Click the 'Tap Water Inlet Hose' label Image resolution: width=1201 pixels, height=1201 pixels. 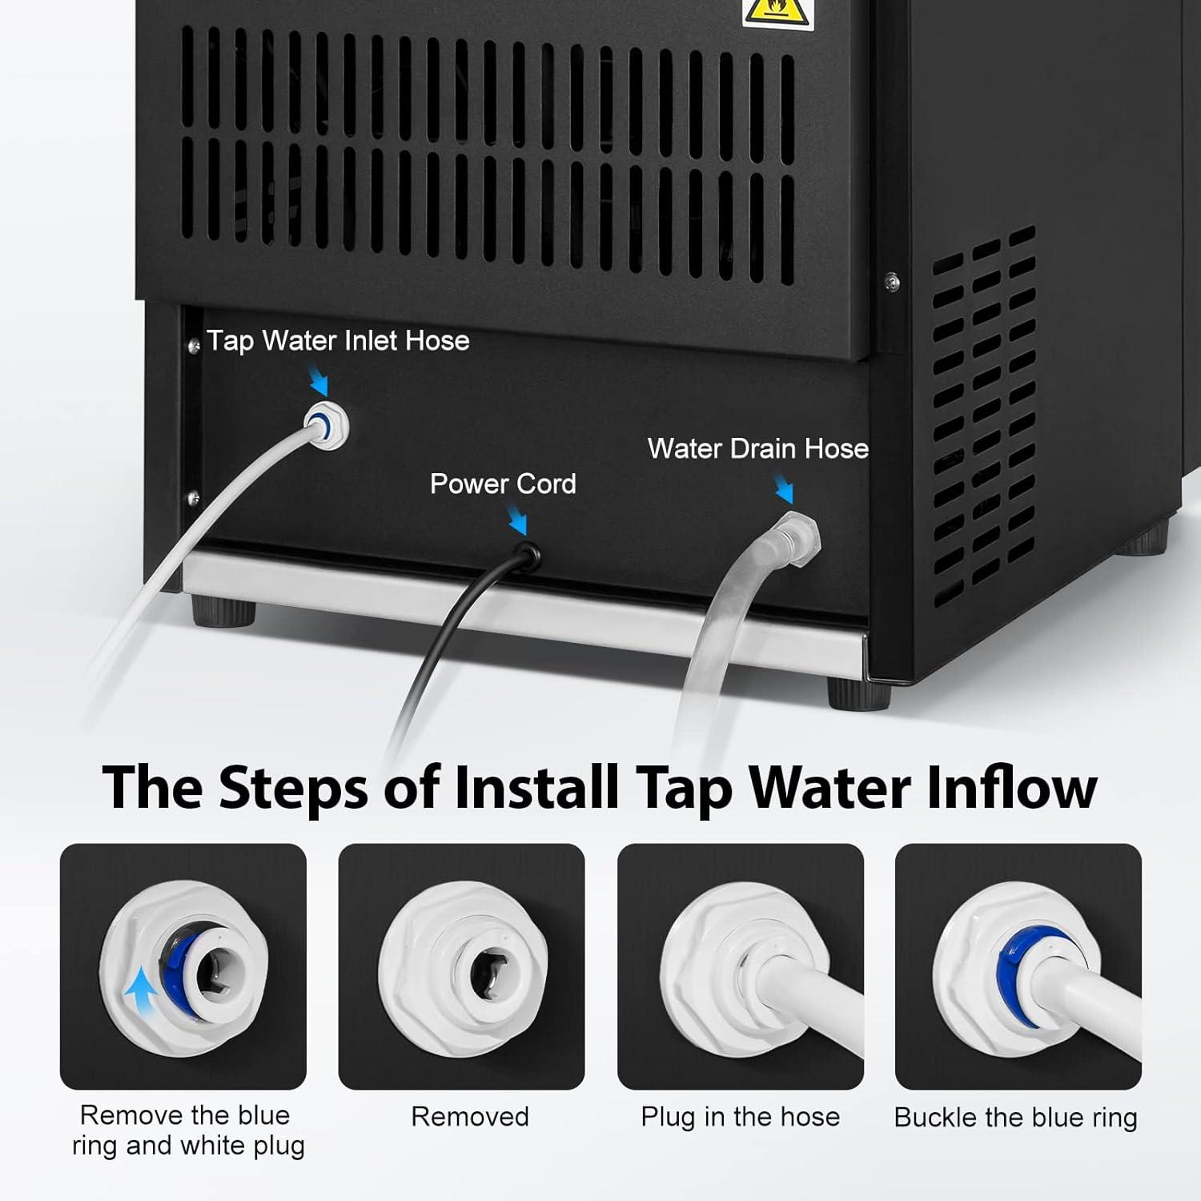[x=338, y=341]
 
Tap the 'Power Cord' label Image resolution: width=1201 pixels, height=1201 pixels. [x=503, y=484]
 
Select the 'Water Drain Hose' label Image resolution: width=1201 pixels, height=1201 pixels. [x=757, y=448]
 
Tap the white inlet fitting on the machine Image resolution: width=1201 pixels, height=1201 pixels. [x=327, y=424]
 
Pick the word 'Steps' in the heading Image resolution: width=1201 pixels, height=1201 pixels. [x=293, y=788]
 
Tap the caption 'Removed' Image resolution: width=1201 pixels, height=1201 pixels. [x=470, y=1116]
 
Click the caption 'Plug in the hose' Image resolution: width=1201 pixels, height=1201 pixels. [x=740, y=1116]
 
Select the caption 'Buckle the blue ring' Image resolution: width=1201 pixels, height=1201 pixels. [x=1015, y=1117]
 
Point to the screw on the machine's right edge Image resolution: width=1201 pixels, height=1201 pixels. [x=892, y=279]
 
